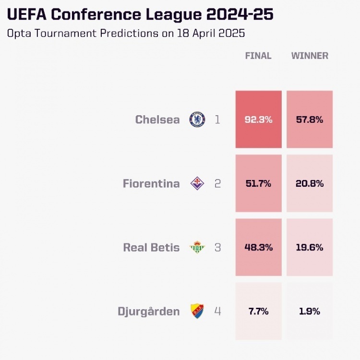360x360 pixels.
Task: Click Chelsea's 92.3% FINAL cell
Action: (258, 120)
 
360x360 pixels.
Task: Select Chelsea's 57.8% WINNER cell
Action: (310, 120)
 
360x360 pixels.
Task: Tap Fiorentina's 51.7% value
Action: (258, 183)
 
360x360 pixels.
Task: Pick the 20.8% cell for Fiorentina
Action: (310, 183)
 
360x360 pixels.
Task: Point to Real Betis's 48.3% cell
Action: (258, 248)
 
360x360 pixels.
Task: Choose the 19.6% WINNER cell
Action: (310, 248)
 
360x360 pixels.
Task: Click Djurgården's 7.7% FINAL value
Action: (258, 312)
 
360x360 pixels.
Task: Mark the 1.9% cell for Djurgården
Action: (310, 312)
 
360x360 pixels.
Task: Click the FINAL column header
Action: (258, 56)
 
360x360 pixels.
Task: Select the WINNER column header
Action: (310, 56)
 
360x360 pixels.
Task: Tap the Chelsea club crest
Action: (197, 120)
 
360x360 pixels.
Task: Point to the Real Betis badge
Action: (197, 248)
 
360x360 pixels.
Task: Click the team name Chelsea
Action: (157, 120)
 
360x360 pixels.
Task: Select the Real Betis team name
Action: (151, 248)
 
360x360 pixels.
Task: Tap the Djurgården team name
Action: (149, 312)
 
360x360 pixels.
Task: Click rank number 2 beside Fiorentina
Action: (217, 183)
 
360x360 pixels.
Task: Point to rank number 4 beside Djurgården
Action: (217, 312)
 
